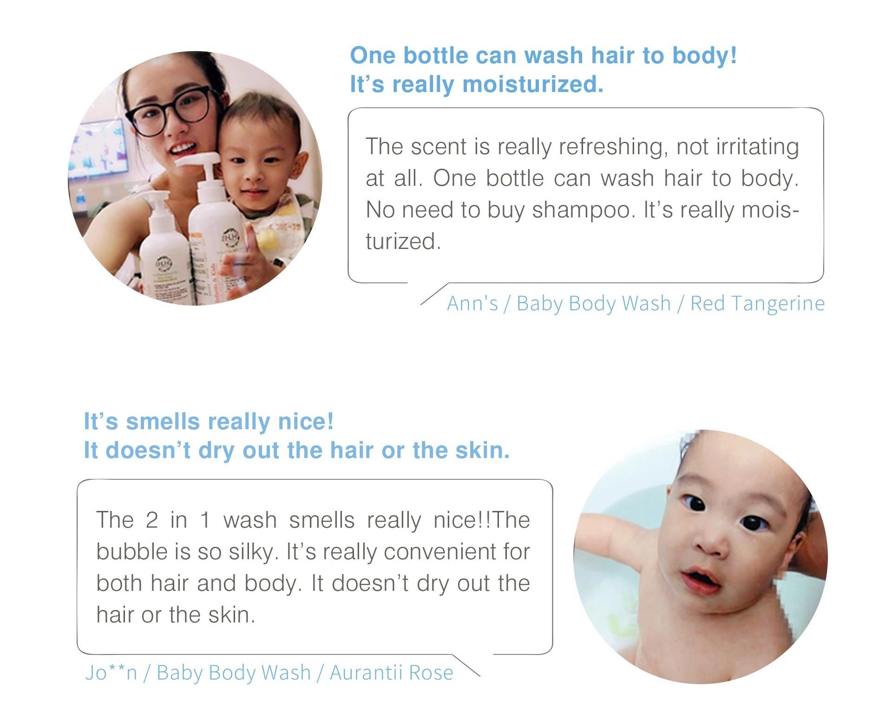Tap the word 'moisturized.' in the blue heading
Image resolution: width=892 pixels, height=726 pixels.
pos(533,85)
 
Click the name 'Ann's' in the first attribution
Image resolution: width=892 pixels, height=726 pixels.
pos(472,303)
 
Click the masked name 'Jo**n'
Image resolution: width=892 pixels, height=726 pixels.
pos(111,673)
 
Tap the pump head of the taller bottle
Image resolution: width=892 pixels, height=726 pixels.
pos(198,161)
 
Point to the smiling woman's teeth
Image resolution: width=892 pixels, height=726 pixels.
pos(183,149)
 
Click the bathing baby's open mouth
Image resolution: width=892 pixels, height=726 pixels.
pos(700,579)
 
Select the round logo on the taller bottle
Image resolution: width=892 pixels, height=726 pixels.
pos(230,237)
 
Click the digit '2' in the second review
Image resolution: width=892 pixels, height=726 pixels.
pos(151,520)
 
